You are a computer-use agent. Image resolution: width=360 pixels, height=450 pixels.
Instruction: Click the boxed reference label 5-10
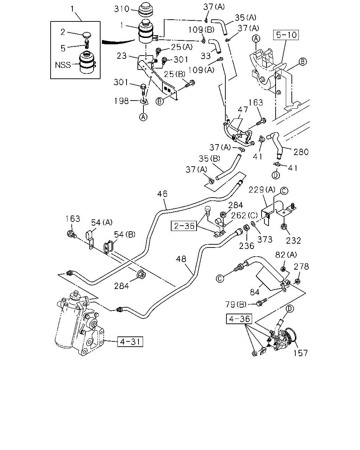coord(286,35)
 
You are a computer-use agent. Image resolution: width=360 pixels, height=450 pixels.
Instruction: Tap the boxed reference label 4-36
coord(239,319)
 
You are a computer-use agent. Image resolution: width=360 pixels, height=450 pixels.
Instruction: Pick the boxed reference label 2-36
coord(184,226)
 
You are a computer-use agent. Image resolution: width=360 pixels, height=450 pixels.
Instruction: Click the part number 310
coord(122,9)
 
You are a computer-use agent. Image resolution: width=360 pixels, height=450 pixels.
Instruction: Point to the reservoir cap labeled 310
coord(146,10)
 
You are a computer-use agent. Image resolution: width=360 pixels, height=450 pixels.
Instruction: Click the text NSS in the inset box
coord(63,65)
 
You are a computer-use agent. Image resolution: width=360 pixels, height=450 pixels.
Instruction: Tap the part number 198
coord(121,101)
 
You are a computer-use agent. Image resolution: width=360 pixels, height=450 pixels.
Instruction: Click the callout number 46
coord(162,194)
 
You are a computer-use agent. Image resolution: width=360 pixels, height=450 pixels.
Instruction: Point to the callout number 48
coord(181,259)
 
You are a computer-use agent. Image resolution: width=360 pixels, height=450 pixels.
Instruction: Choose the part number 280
coord(301,152)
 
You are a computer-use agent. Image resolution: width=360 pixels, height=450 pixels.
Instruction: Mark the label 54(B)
coord(125,234)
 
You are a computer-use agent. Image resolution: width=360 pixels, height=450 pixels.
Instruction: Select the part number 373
coord(265,239)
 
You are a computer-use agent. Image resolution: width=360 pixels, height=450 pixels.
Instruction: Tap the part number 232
coord(294,241)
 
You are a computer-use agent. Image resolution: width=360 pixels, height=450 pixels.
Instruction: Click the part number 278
coord(301,266)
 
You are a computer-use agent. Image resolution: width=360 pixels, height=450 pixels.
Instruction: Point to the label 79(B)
coord(236,304)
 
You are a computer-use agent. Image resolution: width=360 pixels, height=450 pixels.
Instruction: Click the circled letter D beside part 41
coord(276,175)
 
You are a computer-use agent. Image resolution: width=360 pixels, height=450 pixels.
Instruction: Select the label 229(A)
coord(262,190)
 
